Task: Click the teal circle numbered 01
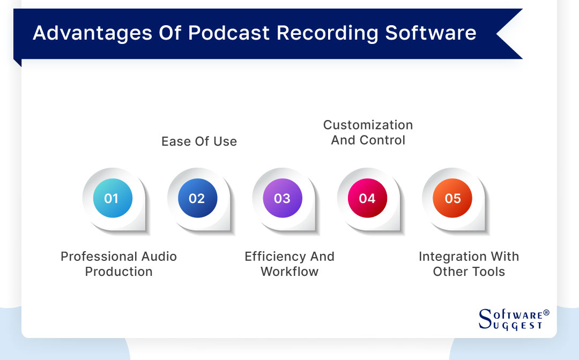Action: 112,198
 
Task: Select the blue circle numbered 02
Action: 197,198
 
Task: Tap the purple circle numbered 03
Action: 282,198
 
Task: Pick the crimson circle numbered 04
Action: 367,198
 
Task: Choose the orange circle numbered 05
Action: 452,198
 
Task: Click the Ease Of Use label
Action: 199,141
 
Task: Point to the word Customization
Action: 368,125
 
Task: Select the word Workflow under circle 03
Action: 289,272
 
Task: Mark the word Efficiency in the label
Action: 272,257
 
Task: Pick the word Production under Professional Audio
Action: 118,272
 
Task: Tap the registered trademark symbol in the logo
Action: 546,312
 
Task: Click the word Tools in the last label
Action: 488,272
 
